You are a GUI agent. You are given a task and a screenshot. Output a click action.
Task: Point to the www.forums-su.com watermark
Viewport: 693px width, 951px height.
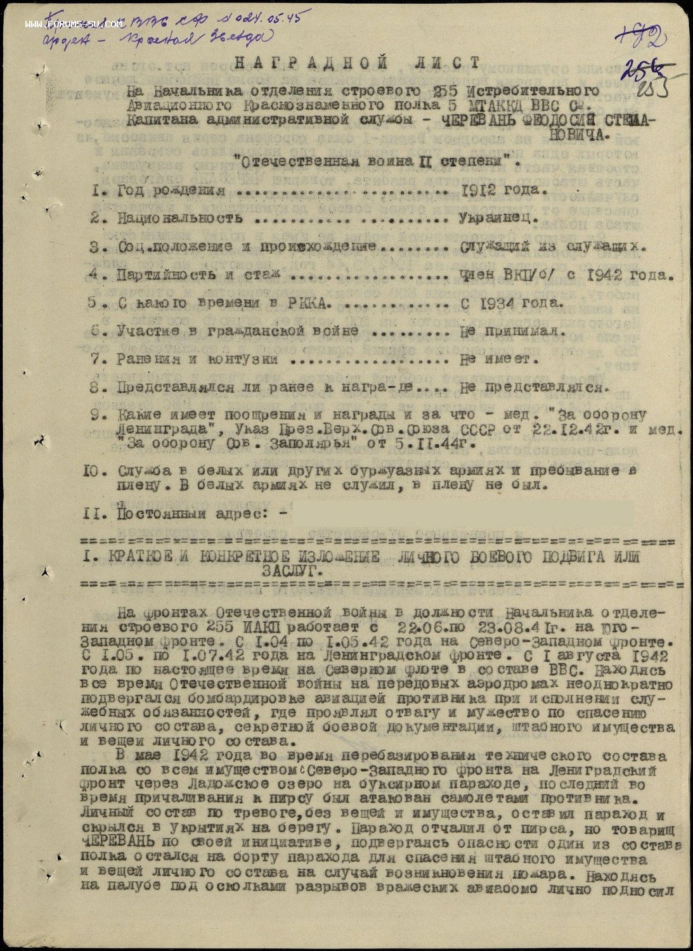point(74,25)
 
